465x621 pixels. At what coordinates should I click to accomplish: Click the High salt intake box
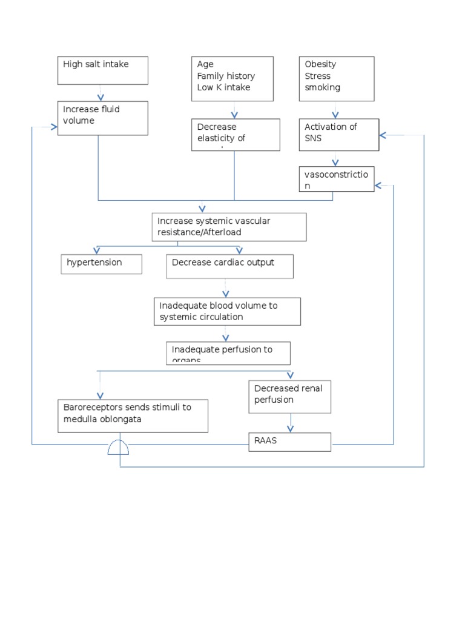pos(103,71)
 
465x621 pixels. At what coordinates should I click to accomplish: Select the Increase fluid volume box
pos(103,118)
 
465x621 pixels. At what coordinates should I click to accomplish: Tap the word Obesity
pos(320,64)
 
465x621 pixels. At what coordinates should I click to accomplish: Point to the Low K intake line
pos(223,87)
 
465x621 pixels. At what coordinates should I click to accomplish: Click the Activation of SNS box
pos(339,134)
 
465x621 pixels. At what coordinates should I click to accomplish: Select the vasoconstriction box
pos(337,179)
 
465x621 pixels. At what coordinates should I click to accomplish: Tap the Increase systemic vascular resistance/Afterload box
pos(229,227)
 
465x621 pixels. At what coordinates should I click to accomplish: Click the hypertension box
pos(102,264)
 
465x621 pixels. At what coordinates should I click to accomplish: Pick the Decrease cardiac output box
pos(229,266)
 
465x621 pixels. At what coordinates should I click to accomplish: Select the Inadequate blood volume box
pos(227,311)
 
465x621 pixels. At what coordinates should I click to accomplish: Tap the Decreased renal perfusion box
pos(290,396)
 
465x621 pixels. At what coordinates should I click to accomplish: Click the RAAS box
pos(290,441)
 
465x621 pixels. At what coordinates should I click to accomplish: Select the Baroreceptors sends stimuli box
pos(133,415)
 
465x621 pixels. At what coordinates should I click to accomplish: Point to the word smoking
pos(322,87)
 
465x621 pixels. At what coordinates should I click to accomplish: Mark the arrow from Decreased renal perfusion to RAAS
pos(291,422)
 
